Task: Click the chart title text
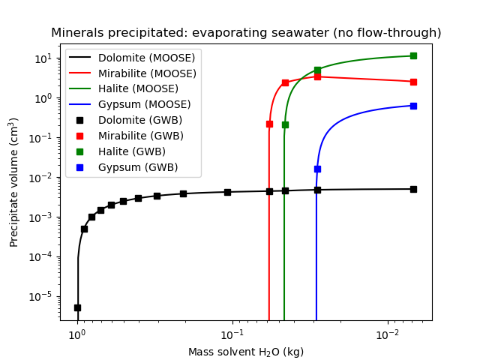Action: point(246,33)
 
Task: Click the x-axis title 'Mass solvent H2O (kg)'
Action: point(246,352)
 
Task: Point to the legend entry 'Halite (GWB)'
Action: point(131,151)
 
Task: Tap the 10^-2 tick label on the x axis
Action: point(387,333)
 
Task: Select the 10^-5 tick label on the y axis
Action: point(43,296)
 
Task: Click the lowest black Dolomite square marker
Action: point(77,307)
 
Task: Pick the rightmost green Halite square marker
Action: point(413,55)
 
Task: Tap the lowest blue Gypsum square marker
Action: point(317,169)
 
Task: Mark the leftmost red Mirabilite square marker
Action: point(269,124)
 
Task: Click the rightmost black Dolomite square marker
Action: point(413,189)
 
